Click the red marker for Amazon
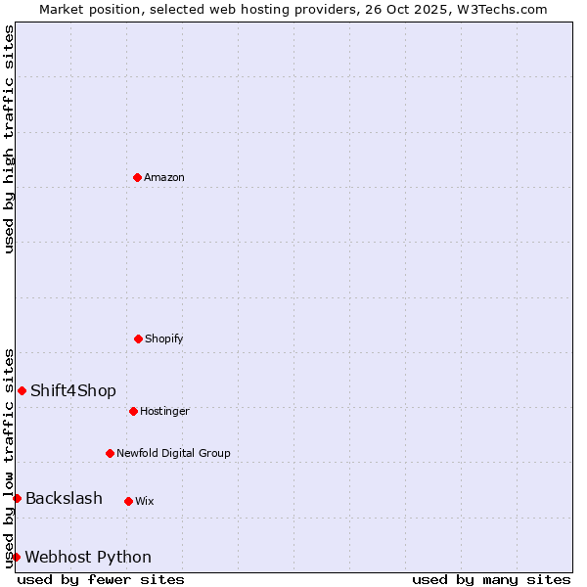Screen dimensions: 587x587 click(x=137, y=177)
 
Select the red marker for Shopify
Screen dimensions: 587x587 click(x=138, y=339)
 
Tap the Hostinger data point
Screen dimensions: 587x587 click(x=133, y=411)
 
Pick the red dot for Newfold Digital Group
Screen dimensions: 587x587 click(x=110, y=453)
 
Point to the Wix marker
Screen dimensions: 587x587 click(x=128, y=501)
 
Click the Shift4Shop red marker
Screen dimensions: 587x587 click(x=22, y=390)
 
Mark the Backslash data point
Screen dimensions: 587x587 click(x=17, y=498)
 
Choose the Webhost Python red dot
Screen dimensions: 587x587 click(x=16, y=557)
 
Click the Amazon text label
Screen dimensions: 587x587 click(x=164, y=178)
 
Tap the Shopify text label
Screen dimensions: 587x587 click(x=164, y=339)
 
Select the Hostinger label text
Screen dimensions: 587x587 click(x=164, y=412)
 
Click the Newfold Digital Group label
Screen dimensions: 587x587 click(x=173, y=454)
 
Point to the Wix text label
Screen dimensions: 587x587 click(x=145, y=502)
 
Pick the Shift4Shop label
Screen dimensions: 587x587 click(x=73, y=391)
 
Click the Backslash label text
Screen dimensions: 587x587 click(x=64, y=499)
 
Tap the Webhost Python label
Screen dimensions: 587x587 click(x=88, y=558)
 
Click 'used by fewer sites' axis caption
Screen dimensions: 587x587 click(x=101, y=579)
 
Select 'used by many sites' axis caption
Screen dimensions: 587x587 click(x=491, y=579)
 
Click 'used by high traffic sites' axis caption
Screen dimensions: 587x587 click(x=9, y=139)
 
